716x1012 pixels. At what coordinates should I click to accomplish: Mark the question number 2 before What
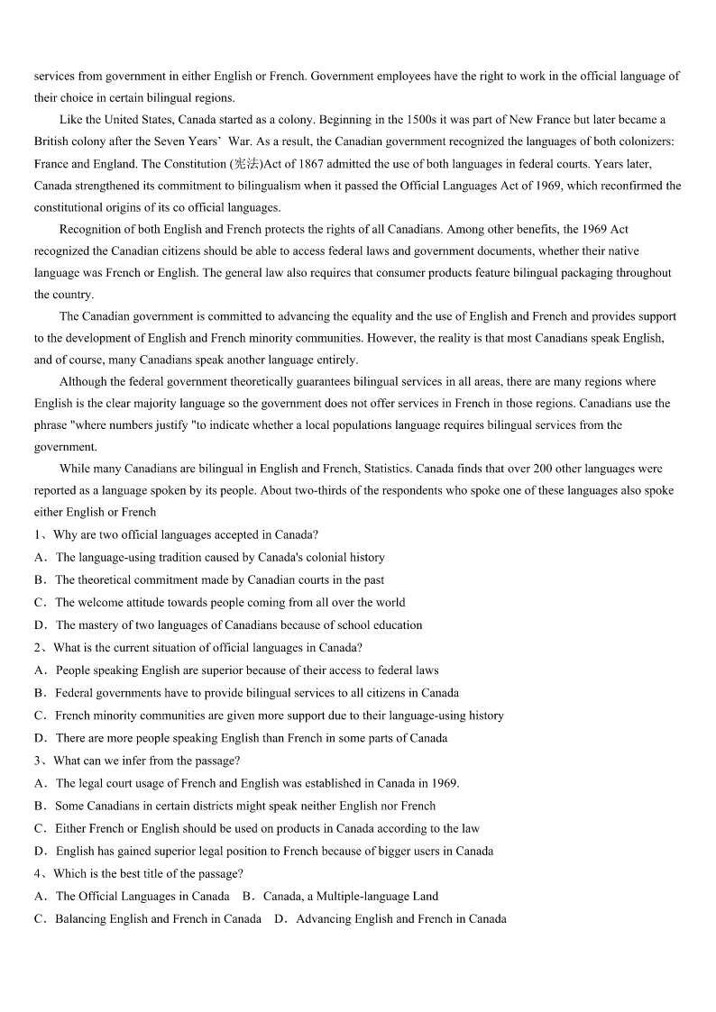pyautogui.click(x=38, y=647)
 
